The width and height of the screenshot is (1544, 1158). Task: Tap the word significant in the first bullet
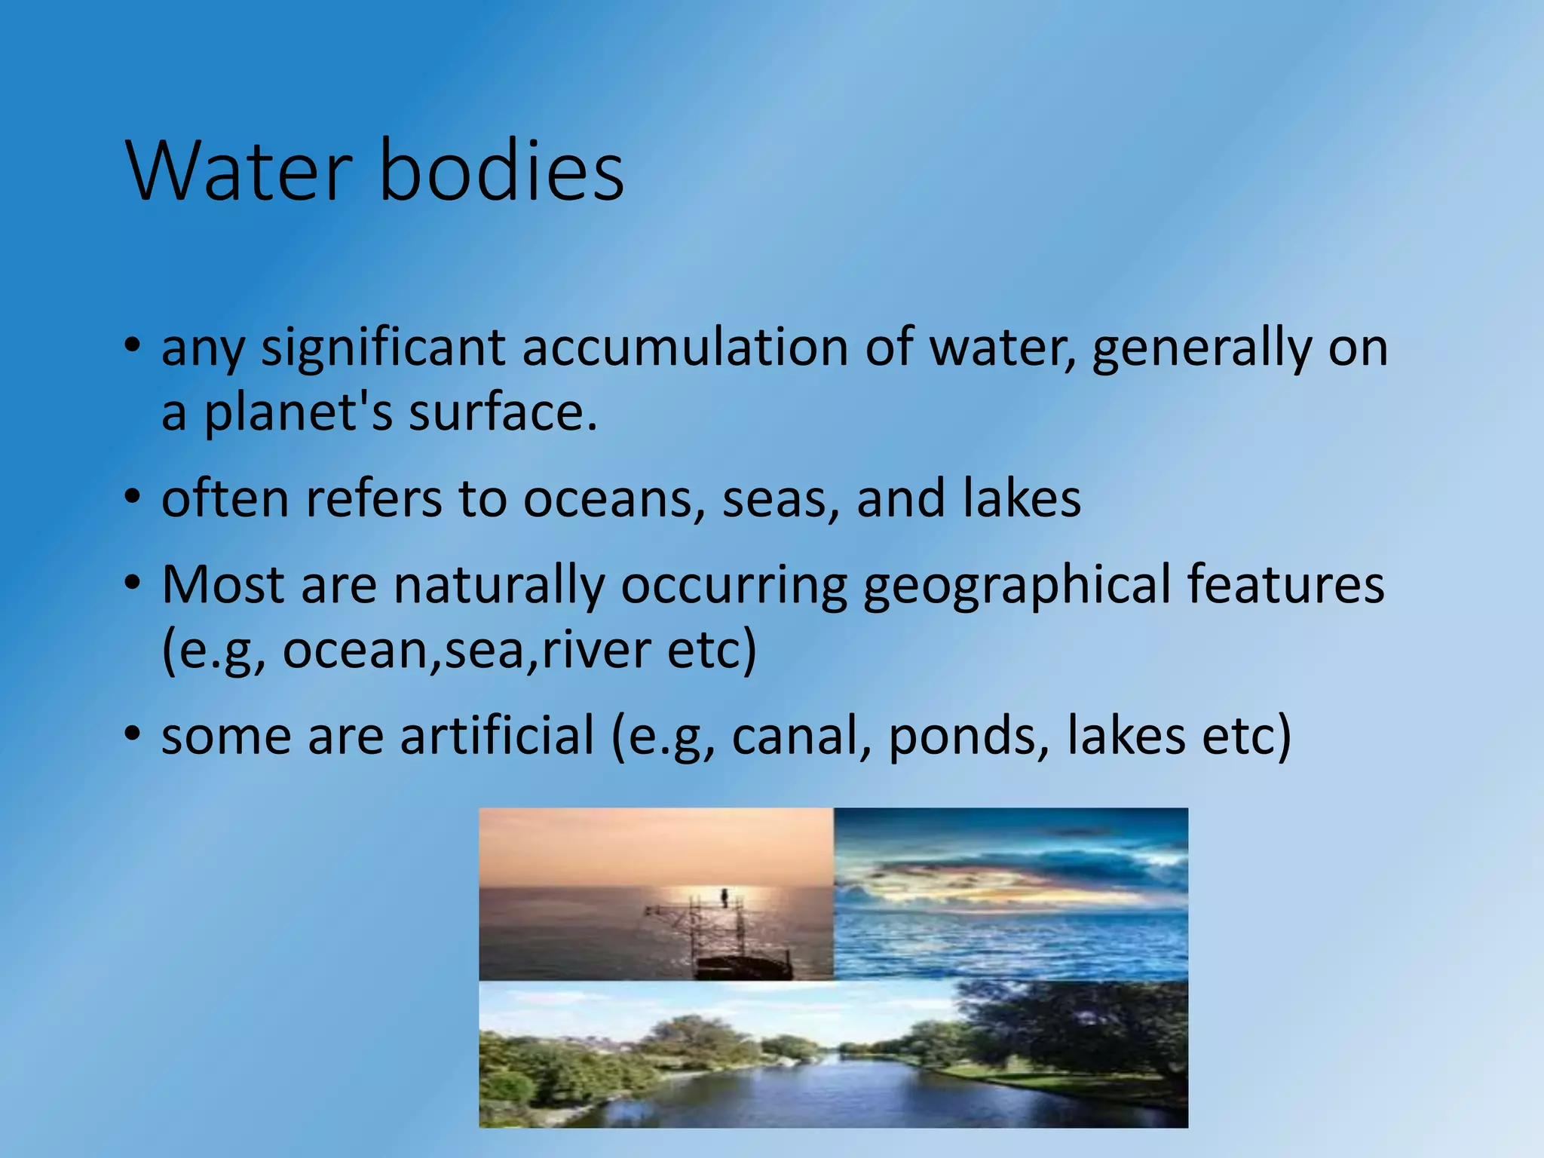click(383, 348)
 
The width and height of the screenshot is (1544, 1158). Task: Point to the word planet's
click(298, 413)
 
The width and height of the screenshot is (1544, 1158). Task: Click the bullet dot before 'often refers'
click(133, 498)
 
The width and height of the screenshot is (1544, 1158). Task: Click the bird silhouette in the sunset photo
click(725, 897)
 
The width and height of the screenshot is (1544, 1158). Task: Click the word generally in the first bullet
click(1202, 348)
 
